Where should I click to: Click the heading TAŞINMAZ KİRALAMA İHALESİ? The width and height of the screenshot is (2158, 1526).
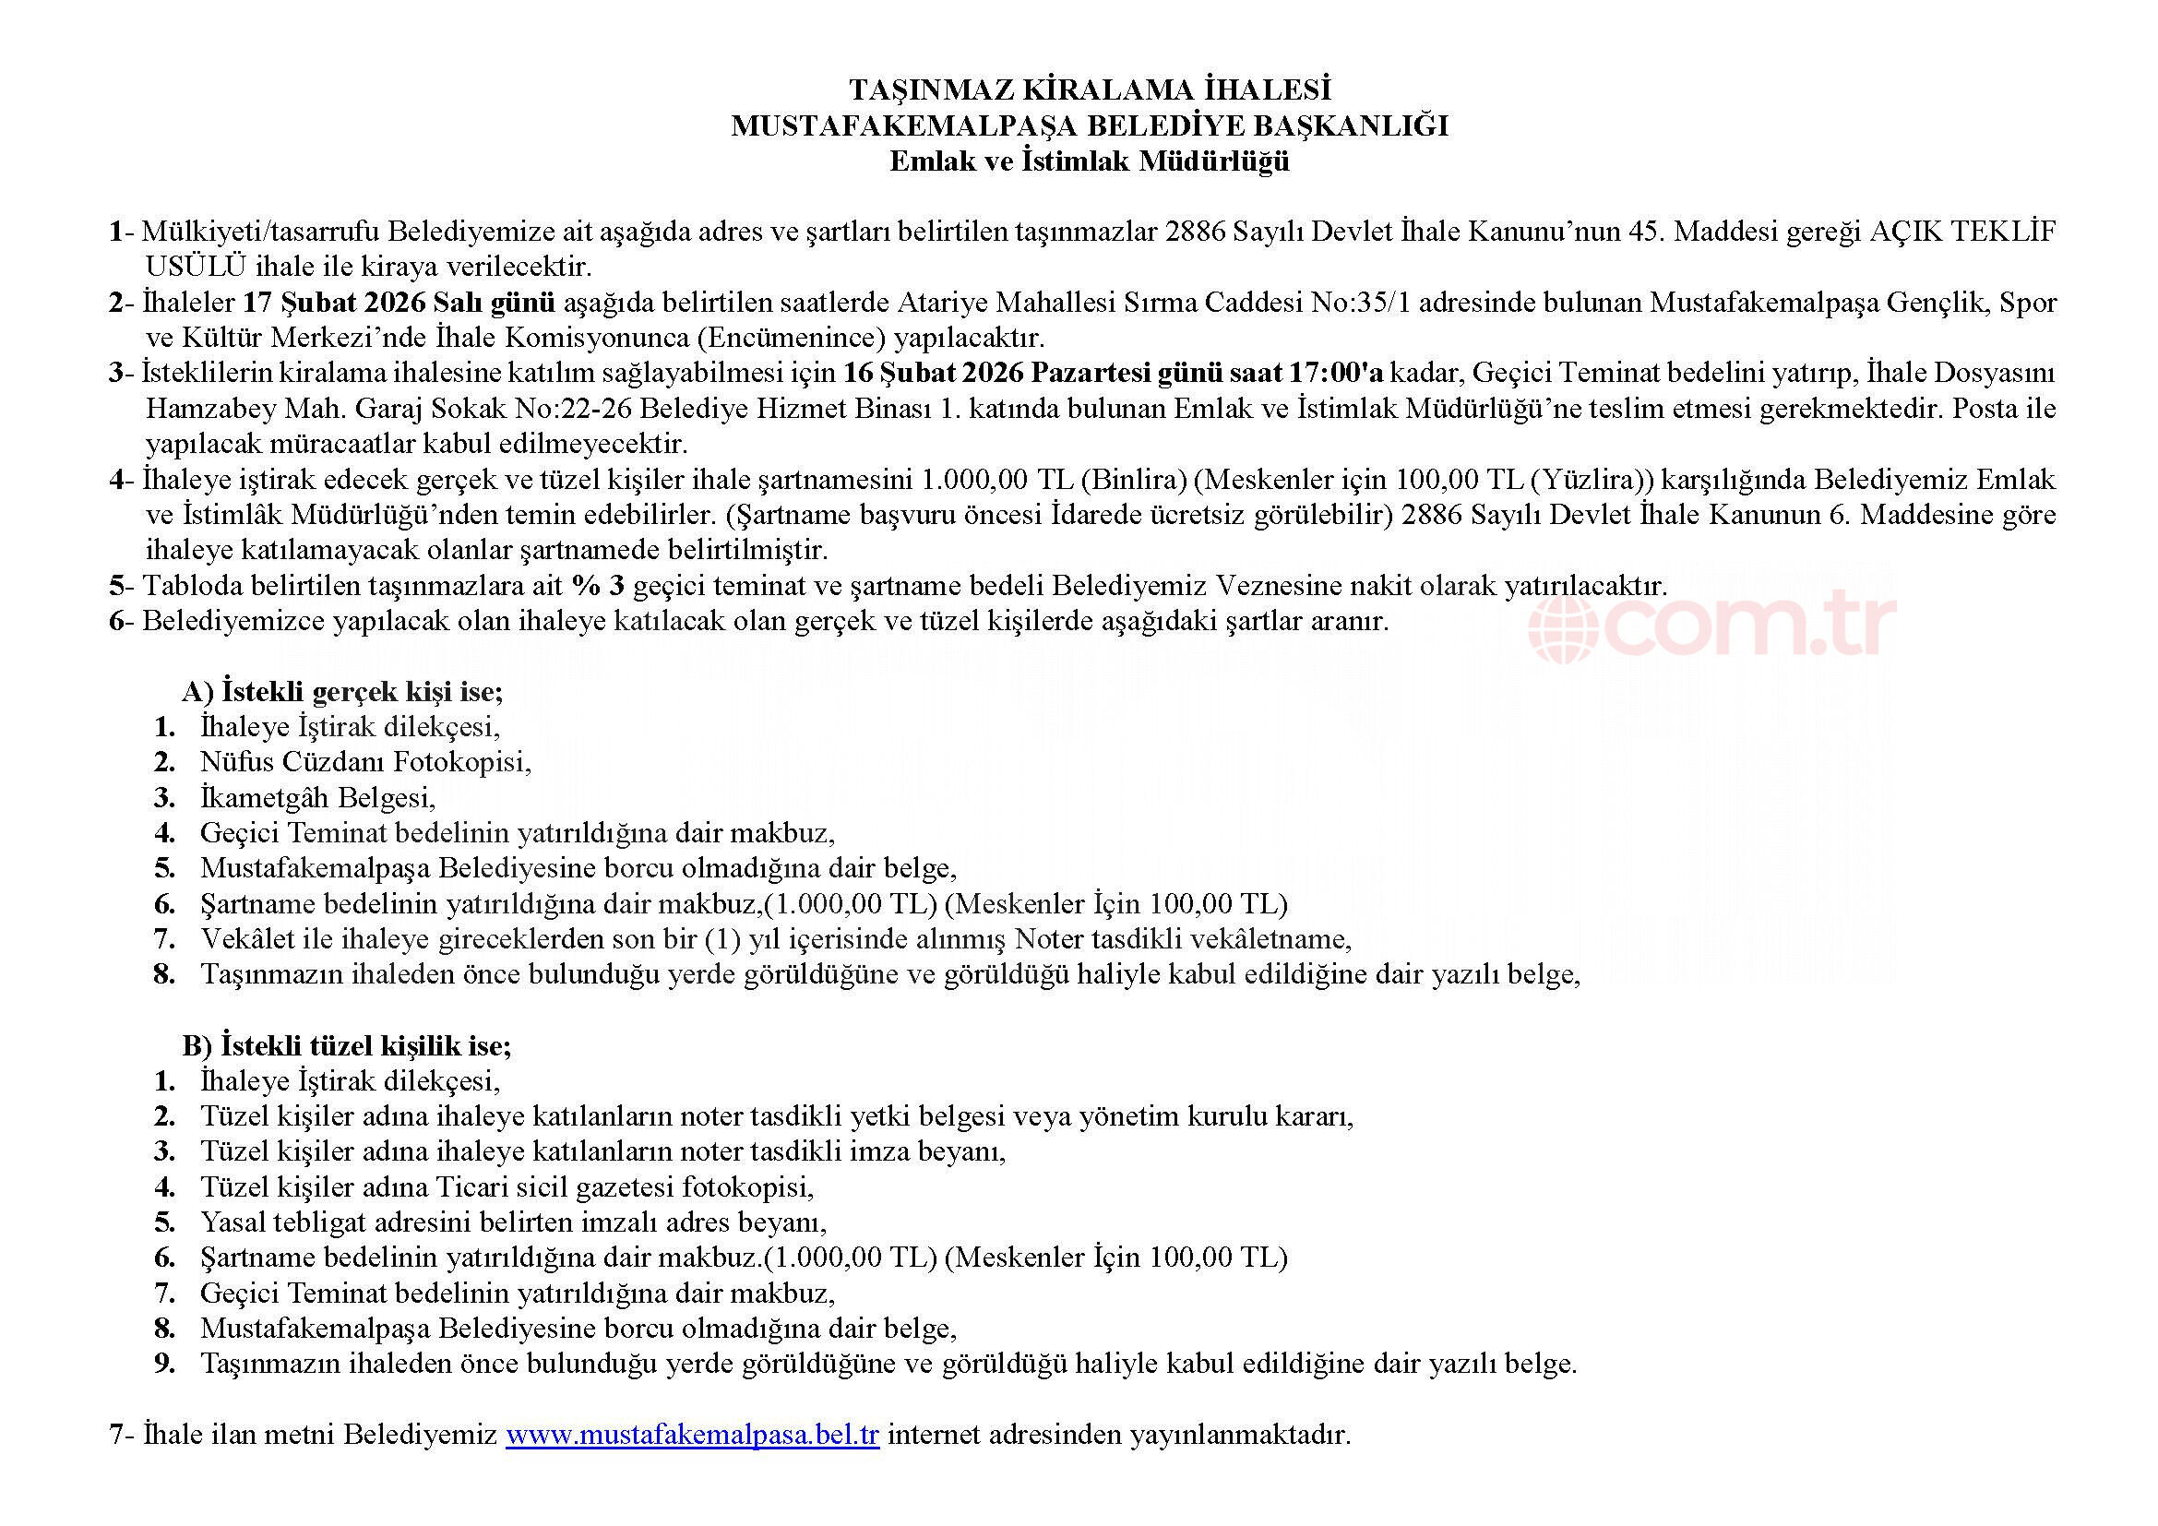[1090, 90]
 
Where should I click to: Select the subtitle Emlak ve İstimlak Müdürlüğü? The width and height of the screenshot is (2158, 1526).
[1090, 161]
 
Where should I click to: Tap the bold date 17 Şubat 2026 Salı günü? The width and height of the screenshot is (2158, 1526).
[399, 303]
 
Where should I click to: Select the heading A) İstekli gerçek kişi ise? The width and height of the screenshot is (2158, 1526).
[343, 692]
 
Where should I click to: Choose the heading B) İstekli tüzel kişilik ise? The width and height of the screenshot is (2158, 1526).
[347, 1046]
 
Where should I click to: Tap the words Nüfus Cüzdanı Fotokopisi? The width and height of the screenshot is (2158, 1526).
[365, 762]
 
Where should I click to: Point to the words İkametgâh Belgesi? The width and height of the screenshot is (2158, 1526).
[317, 798]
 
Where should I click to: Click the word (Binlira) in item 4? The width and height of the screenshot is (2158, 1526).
[1134, 479]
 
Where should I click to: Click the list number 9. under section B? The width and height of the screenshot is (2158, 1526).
[165, 1364]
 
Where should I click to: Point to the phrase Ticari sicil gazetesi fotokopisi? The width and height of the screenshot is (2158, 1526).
[625, 1186]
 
